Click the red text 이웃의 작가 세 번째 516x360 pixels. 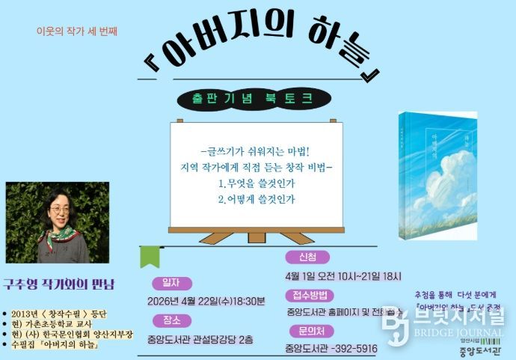(77, 31)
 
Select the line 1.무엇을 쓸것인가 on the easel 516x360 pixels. (257, 183)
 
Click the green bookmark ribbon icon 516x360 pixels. (150, 256)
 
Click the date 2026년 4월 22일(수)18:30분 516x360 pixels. (206, 302)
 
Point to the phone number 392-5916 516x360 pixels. (355, 348)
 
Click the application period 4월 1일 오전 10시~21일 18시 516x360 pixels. (343, 275)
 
